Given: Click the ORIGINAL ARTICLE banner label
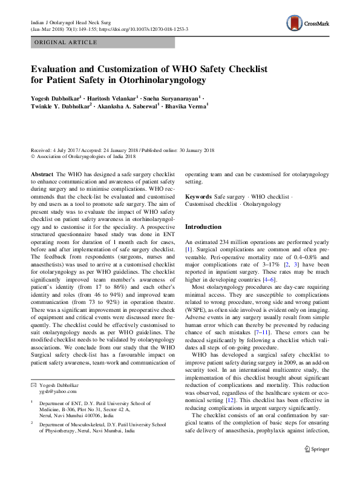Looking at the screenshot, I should coord(65,42).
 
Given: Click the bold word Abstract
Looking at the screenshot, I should coord(42,173).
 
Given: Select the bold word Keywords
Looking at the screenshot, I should coord(198,197).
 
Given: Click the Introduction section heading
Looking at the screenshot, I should coord(203,226).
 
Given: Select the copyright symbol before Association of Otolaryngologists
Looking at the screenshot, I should coord(33,156).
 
